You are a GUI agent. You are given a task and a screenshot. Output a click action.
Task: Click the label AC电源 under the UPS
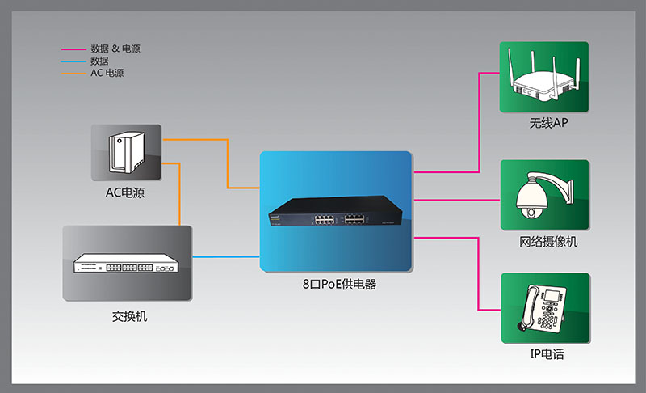(x=125, y=192)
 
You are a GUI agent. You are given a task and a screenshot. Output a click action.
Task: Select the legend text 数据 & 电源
(x=115, y=49)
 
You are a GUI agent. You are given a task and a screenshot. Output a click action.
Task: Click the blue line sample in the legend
(x=73, y=61)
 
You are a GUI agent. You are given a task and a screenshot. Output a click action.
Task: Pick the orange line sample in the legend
(x=73, y=74)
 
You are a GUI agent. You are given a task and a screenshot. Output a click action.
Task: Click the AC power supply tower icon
(x=126, y=152)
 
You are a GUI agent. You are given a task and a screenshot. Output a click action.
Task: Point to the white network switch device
(x=127, y=264)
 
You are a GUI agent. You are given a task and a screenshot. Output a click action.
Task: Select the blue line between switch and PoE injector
(x=226, y=256)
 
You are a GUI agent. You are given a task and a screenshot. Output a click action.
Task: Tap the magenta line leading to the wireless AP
(x=479, y=121)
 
